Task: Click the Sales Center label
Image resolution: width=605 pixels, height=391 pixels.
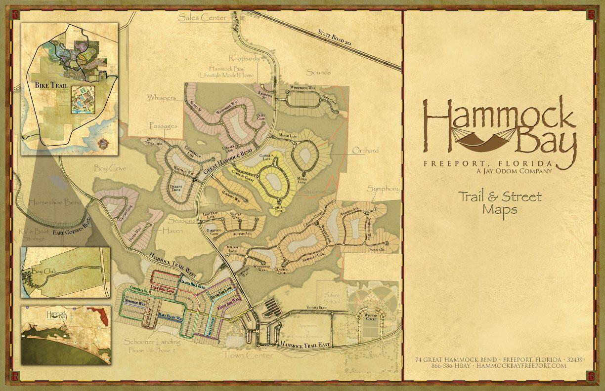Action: [203, 17]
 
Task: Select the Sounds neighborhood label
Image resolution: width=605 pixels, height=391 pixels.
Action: [318, 72]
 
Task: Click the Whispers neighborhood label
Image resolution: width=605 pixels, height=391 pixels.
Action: [161, 98]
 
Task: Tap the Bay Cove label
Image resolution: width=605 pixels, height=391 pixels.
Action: [110, 168]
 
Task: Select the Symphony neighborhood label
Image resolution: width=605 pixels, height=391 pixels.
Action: [383, 189]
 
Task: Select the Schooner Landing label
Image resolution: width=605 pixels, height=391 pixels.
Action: [151, 342]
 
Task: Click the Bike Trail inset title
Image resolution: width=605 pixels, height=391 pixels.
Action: [50, 85]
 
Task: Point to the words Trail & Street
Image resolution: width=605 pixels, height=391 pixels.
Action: [500, 197]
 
